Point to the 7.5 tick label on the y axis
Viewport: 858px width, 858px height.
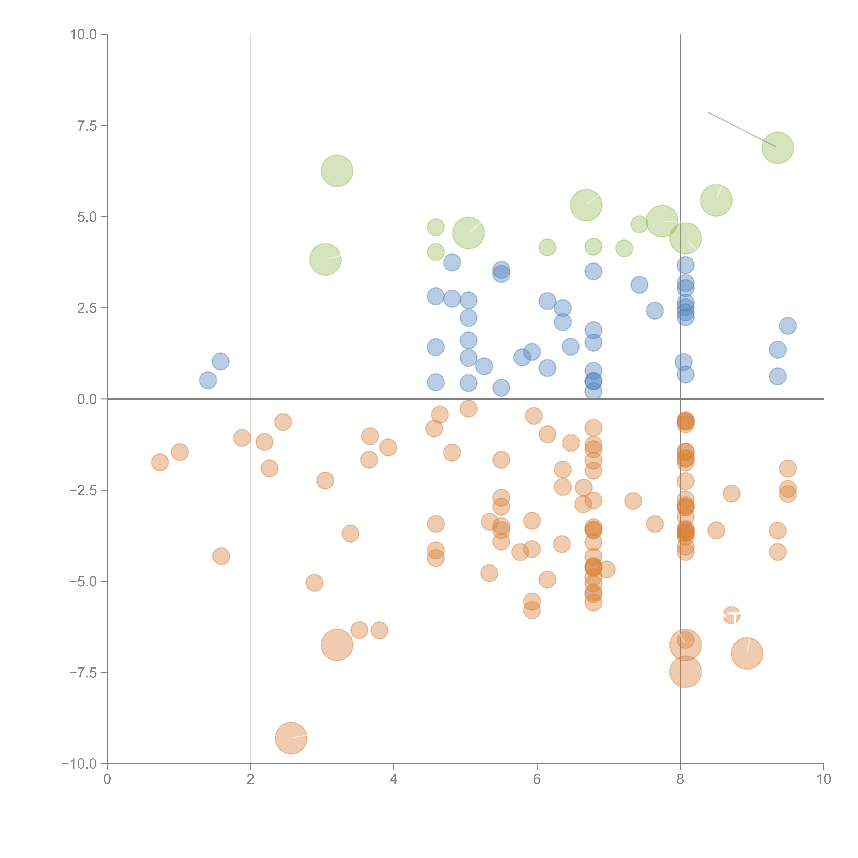pos(87,126)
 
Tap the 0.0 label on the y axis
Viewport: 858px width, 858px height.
pos(87,399)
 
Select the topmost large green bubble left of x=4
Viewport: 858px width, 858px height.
pos(337,171)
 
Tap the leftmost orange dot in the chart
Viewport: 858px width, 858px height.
pos(160,462)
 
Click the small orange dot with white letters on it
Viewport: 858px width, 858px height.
pos(731,616)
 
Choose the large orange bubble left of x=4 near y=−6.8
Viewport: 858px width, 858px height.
pos(337,645)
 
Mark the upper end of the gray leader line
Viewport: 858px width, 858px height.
pos(708,112)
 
